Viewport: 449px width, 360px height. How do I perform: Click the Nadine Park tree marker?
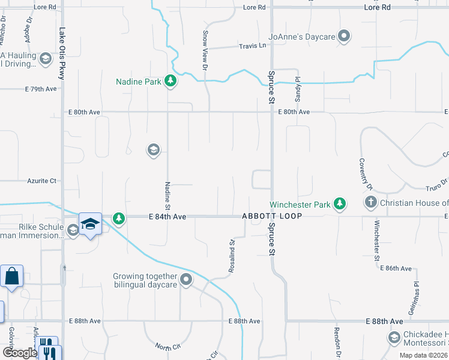pos(170,81)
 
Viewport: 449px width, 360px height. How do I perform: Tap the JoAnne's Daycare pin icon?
pos(344,37)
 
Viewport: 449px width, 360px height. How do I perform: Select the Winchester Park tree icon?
pos(340,204)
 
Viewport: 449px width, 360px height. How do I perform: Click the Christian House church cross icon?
pos(371,203)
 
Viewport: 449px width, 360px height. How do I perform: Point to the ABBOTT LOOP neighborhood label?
pos(267,215)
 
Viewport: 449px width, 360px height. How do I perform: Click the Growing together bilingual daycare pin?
pos(187,280)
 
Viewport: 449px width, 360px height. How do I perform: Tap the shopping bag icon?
pos(11,277)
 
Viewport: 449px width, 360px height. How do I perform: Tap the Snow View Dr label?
pos(205,51)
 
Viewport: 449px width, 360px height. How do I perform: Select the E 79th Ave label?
pos(41,89)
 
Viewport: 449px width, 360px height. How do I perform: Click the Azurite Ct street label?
pos(41,180)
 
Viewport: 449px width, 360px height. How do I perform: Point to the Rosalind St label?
pos(231,257)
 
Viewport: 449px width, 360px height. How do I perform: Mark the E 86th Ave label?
pos(397,268)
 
